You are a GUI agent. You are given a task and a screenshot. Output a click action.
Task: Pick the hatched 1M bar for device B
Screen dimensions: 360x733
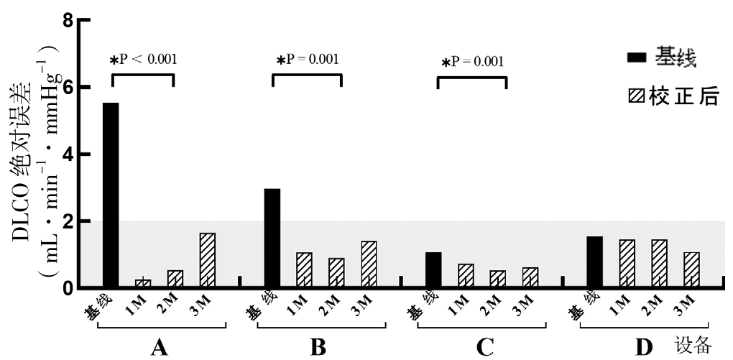[303, 270]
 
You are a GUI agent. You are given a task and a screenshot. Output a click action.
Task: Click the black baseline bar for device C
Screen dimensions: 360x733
[433, 270]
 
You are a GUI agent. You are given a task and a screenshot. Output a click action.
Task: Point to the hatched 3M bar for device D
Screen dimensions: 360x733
[691, 270]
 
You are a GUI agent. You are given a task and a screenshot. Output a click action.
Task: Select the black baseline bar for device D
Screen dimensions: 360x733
[594, 262]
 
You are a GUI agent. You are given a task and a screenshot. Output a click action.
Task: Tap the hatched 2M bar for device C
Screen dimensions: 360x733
[497, 280]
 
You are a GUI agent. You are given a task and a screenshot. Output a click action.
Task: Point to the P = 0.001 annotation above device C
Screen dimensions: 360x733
[472, 62]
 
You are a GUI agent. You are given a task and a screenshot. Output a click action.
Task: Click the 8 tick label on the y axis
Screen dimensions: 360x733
[68, 19]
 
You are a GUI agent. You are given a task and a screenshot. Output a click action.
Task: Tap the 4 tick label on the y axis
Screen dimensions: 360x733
[68, 154]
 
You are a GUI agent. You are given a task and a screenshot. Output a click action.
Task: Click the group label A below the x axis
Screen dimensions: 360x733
[160, 349]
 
